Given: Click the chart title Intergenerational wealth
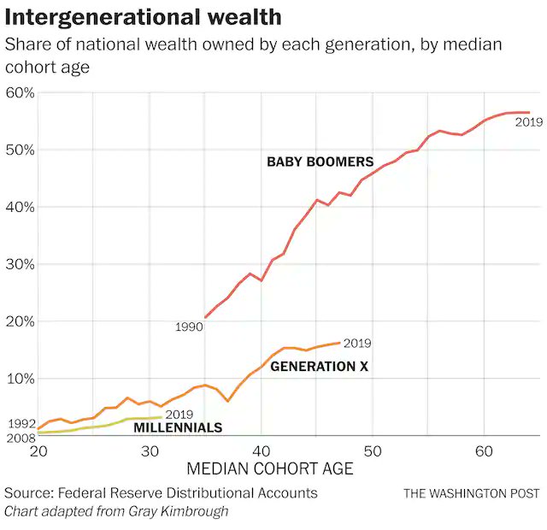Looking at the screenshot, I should [x=143, y=16].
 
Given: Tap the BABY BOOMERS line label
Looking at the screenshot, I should [x=320, y=162].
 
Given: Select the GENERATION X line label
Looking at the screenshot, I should [x=319, y=367].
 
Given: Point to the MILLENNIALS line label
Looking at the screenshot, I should [x=178, y=427].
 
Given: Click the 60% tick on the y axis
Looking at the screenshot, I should [x=19, y=92].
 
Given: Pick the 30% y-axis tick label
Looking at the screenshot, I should [x=19, y=264].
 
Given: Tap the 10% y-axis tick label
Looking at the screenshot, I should [x=19, y=379].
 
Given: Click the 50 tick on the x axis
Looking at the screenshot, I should [x=372, y=450].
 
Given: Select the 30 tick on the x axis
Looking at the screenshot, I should [x=150, y=450].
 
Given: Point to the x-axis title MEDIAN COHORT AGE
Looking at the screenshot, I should [x=269, y=468].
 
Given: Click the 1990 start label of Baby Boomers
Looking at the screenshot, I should [x=188, y=327].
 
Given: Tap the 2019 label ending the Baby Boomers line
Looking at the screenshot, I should [x=529, y=122].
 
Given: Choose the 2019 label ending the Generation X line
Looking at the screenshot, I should [x=356, y=344].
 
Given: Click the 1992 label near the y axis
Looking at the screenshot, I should [x=21, y=423].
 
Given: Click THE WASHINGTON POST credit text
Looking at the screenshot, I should [x=472, y=493].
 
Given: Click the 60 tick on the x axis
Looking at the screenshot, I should [x=483, y=450].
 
